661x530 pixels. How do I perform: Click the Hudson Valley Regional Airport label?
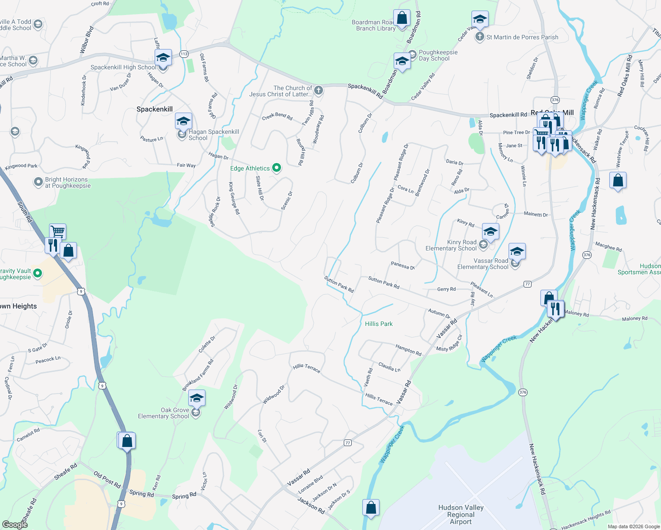(x=461, y=515)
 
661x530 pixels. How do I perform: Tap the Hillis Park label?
(x=379, y=324)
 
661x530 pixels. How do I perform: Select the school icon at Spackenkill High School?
(x=163, y=58)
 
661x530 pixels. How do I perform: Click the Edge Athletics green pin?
(x=277, y=167)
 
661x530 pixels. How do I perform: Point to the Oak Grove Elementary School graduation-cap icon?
(x=197, y=398)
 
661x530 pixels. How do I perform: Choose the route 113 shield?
(x=184, y=54)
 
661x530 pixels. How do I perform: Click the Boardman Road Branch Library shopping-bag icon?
(x=402, y=19)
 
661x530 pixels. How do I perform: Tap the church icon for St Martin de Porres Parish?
(x=480, y=37)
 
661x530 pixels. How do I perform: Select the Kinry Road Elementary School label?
(x=451, y=245)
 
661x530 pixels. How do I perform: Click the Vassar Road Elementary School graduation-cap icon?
(x=517, y=252)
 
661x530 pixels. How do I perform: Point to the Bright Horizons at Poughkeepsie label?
(x=68, y=182)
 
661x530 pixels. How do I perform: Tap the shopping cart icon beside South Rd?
(x=57, y=231)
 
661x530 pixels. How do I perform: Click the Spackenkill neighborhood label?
(x=155, y=109)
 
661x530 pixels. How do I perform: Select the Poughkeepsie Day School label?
(x=434, y=55)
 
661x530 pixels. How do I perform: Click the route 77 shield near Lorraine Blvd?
(x=348, y=443)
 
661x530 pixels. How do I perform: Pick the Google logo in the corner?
(x=15, y=524)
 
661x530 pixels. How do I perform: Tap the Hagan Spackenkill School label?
(x=214, y=135)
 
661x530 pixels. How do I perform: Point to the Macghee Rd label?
(x=608, y=246)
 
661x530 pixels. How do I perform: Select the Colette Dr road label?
(x=207, y=344)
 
